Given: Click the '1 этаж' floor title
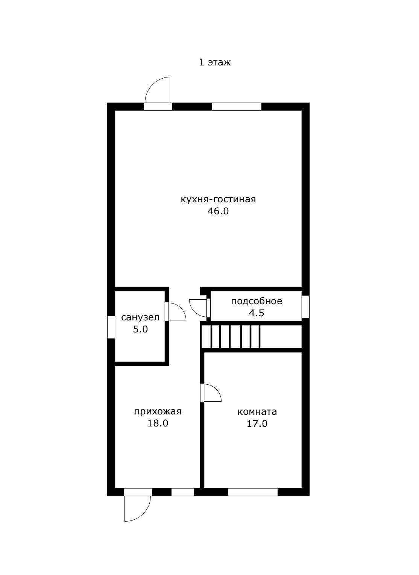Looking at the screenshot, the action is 215,62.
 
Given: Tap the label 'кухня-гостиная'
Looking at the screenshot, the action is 218,199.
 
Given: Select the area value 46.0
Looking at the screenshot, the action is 218,211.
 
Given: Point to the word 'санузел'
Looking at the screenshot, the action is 140,317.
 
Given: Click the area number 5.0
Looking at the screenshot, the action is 140,329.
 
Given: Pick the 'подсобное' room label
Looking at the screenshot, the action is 257,301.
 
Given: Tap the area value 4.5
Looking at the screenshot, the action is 257,313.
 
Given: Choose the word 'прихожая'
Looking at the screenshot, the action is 158,411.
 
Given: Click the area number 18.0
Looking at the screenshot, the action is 158,423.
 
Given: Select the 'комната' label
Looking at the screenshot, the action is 257,412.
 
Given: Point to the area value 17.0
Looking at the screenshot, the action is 257,423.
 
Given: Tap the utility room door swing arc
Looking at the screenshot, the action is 194,311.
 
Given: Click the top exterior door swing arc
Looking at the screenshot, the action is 152,85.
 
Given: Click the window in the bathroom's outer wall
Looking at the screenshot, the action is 111,327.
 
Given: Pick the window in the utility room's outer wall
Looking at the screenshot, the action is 305,306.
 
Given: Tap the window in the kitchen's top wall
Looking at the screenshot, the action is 237,106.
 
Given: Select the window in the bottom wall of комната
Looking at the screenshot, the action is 253,492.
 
